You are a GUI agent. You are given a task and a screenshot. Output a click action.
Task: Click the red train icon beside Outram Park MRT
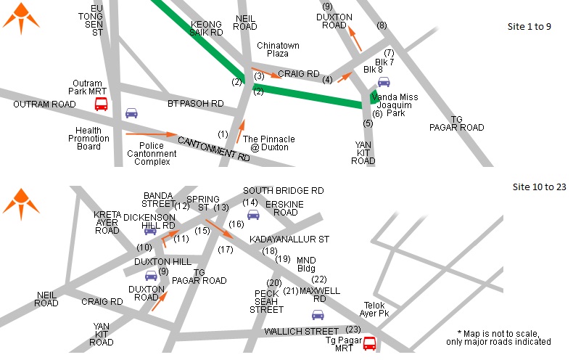pyautogui.click(x=101, y=105)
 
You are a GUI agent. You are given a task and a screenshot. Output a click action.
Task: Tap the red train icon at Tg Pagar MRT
pyautogui.click(x=369, y=343)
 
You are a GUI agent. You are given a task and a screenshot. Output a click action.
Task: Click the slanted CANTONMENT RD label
pyautogui.click(x=213, y=148)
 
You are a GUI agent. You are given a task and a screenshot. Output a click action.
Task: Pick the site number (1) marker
pyautogui.click(x=223, y=134)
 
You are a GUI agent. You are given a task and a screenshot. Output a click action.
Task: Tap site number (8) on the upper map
pyautogui.click(x=382, y=25)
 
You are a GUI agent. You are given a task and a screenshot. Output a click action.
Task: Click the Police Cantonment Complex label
pyautogui.click(x=152, y=153)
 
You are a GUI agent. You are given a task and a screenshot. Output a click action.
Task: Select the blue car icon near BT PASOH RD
pyautogui.click(x=131, y=112)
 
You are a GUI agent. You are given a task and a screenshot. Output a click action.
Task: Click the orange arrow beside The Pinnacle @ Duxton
pyautogui.click(x=239, y=131)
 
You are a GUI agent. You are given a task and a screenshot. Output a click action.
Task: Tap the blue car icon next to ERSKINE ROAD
pyautogui.click(x=253, y=214)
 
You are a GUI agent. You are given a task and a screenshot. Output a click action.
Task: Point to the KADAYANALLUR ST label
pyautogui.click(x=289, y=238)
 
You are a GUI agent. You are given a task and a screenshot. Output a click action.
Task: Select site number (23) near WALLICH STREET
pyautogui.click(x=354, y=329)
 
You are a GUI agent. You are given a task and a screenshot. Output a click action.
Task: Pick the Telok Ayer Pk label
pyautogui.click(x=375, y=309)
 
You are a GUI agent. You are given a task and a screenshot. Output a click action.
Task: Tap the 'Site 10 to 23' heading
pyautogui.click(x=539, y=187)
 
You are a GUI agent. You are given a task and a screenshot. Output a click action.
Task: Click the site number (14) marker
pyautogui.click(x=250, y=202)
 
